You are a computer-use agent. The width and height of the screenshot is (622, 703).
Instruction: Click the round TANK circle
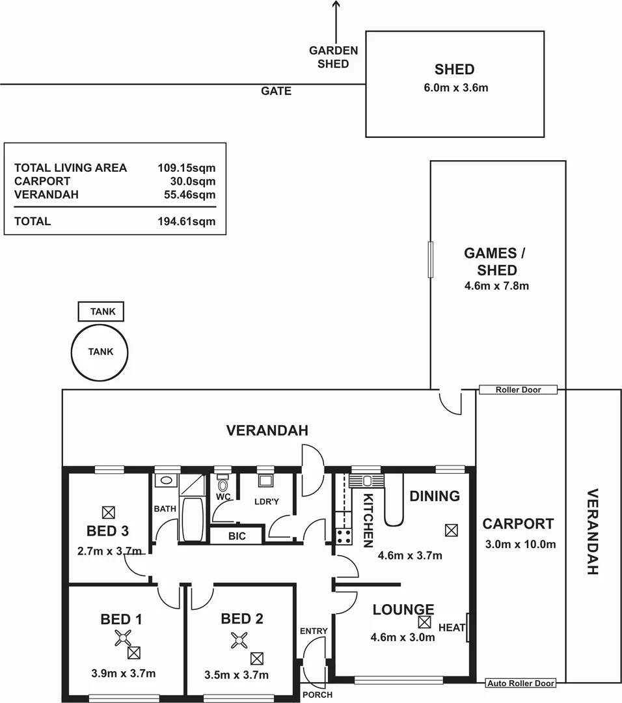(x=101, y=351)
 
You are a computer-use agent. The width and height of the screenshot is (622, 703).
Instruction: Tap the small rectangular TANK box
(x=101, y=312)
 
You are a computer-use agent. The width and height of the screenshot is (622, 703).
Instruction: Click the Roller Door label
(x=518, y=390)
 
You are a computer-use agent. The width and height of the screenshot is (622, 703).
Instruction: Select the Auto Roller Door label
(x=521, y=683)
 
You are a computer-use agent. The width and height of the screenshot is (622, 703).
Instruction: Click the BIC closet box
(x=236, y=536)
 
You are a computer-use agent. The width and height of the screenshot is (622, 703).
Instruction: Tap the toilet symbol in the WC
(x=223, y=485)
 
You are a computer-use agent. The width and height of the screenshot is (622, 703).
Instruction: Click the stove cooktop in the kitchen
(x=344, y=537)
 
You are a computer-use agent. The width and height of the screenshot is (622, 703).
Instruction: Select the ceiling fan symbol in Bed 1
(x=122, y=639)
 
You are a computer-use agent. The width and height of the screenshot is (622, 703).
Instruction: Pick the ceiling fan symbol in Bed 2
(x=238, y=641)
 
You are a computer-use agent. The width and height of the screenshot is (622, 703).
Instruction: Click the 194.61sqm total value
(x=186, y=221)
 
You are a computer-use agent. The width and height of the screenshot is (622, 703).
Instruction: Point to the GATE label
(x=276, y=91)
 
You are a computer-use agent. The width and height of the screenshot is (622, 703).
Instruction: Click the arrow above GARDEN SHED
(x=336, y=20)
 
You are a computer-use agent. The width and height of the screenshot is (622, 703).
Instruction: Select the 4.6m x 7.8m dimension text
(x=497, y=285)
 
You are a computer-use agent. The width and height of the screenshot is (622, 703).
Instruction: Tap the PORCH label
(x=317, y=695)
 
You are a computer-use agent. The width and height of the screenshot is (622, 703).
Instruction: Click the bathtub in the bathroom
(x=192, y=519)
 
